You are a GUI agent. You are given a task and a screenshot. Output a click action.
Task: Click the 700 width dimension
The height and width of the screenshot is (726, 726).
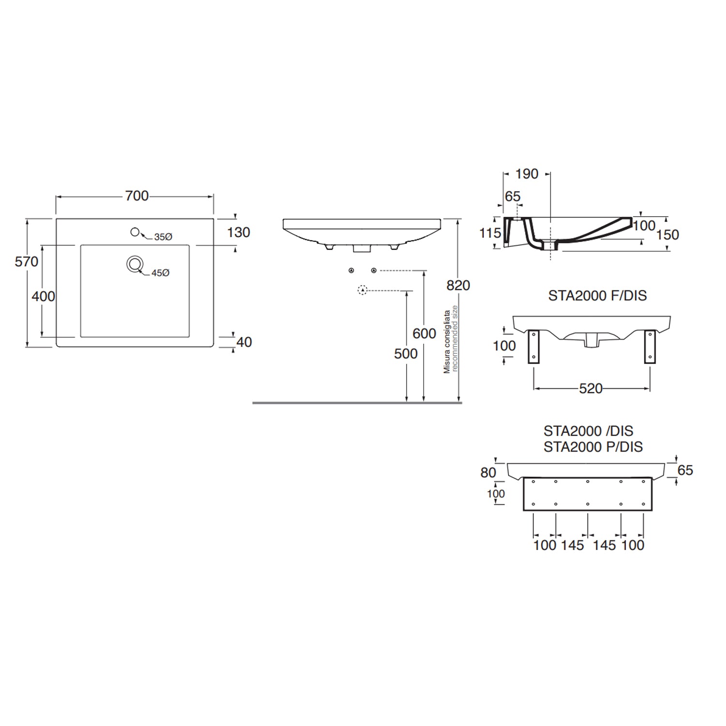pos(136,196)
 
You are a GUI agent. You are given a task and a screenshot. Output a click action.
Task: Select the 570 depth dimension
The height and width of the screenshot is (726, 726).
pos(27,262)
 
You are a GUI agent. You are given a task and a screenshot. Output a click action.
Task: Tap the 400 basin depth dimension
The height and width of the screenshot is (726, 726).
pos(44,296)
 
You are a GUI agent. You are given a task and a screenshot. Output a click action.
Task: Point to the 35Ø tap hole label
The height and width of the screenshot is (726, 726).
pos(163,237)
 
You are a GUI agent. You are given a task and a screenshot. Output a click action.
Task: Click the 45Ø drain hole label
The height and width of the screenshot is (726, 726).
pos(160,273)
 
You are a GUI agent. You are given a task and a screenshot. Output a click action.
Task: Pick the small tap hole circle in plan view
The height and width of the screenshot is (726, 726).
pos(135,232)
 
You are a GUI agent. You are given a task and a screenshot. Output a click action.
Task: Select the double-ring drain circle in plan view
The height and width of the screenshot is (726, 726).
pos(135,264)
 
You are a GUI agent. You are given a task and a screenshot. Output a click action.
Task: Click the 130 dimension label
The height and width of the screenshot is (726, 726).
pos(239,232)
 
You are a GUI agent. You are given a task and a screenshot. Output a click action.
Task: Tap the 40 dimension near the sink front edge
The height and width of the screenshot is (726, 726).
pos(244,342)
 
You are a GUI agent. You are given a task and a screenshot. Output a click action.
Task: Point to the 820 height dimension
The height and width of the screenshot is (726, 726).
pos(458,286)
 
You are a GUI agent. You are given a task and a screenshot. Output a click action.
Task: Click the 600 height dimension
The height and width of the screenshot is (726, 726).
pos(424,333)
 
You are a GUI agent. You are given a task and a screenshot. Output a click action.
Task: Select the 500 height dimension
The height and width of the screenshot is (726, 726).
pos(406,354)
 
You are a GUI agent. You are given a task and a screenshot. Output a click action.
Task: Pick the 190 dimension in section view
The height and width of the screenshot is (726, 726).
pos(527,174)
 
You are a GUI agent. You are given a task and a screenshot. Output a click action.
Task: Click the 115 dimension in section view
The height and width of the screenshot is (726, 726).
pos(490,233)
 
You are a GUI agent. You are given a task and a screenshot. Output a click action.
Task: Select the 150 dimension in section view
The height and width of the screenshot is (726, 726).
pos(667,235)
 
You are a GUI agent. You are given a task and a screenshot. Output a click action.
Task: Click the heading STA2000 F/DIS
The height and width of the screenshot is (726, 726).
pos(597,295)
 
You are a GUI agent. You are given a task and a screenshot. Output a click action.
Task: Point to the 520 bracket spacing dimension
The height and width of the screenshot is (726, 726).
pos(590,389)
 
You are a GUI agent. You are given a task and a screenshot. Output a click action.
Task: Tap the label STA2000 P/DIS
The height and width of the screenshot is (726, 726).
pos(593,447)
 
